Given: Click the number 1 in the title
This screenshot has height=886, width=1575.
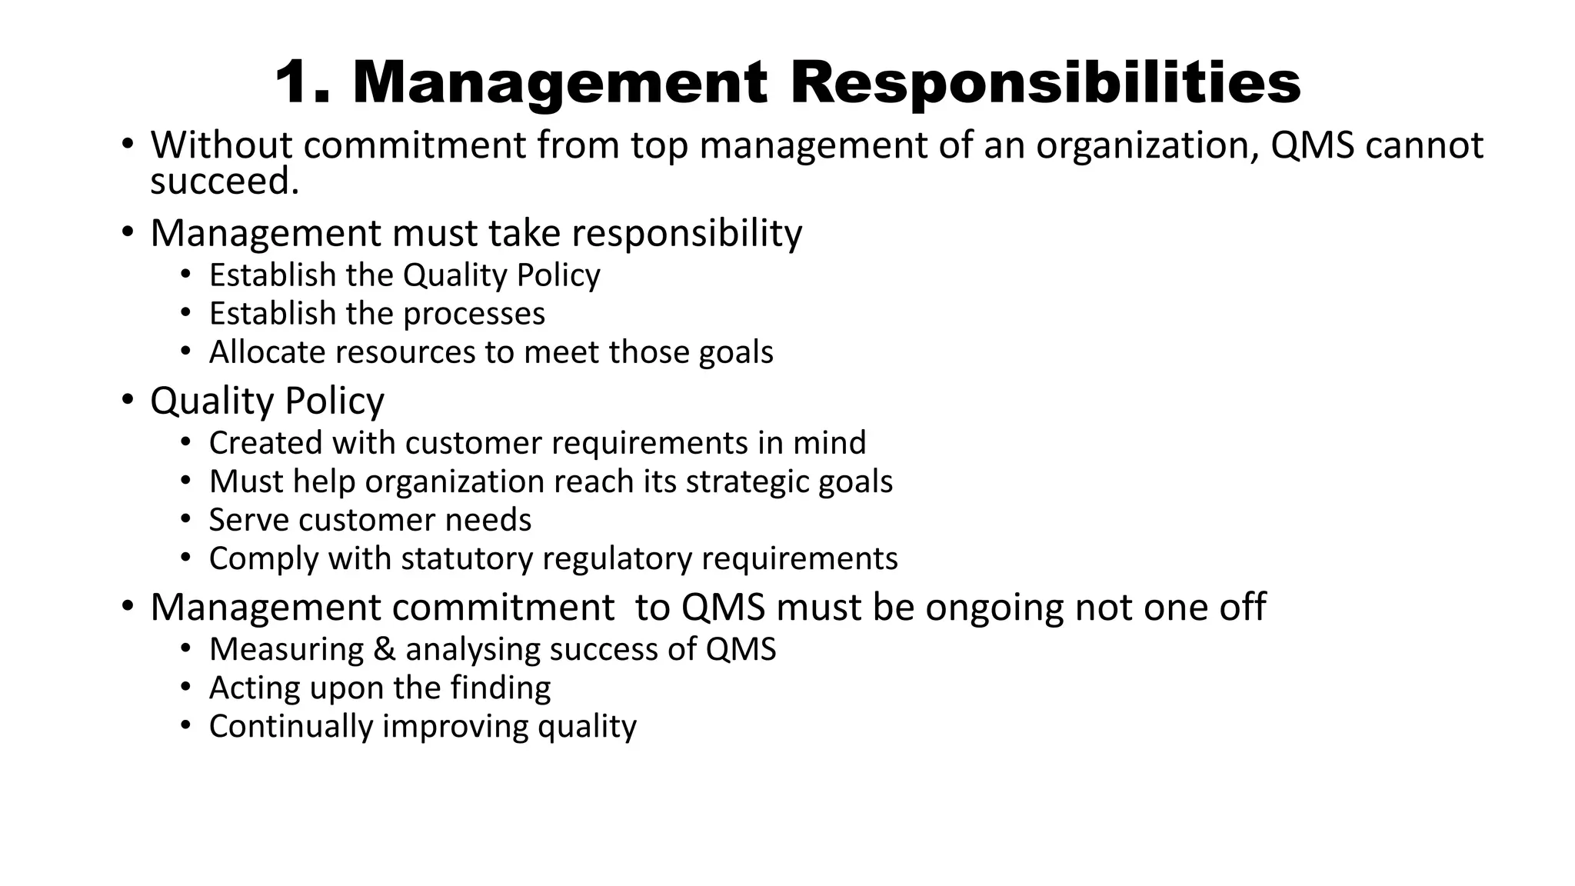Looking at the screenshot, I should [x=296, y=82].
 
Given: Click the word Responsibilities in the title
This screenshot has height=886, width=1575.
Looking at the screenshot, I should [x=1045, y=82].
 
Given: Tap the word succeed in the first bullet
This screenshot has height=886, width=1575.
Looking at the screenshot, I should [x=224, y=182].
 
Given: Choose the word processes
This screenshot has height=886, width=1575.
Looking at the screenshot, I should [x=474, y=314].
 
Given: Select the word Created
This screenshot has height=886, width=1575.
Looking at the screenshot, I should [x=265, y=443].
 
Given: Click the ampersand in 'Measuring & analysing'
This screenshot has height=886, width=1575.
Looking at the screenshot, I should [x=384, y=649].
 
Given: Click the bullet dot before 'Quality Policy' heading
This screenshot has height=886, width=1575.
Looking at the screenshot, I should [x=127, y=401].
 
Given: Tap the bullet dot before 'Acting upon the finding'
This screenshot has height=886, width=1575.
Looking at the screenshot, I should [x=185, y=687].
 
